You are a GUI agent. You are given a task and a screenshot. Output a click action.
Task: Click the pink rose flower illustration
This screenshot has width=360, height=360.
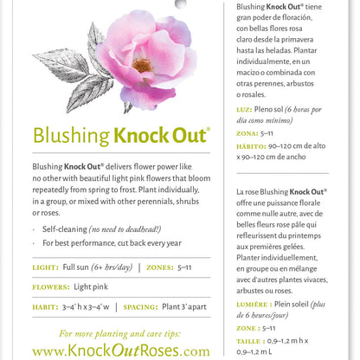click(x=148, y=61)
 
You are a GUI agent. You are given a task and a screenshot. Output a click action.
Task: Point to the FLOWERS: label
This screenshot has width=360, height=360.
click(x=55, y=287)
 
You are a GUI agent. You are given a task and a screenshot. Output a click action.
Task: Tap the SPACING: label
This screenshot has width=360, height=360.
click(x=150, y=306)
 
